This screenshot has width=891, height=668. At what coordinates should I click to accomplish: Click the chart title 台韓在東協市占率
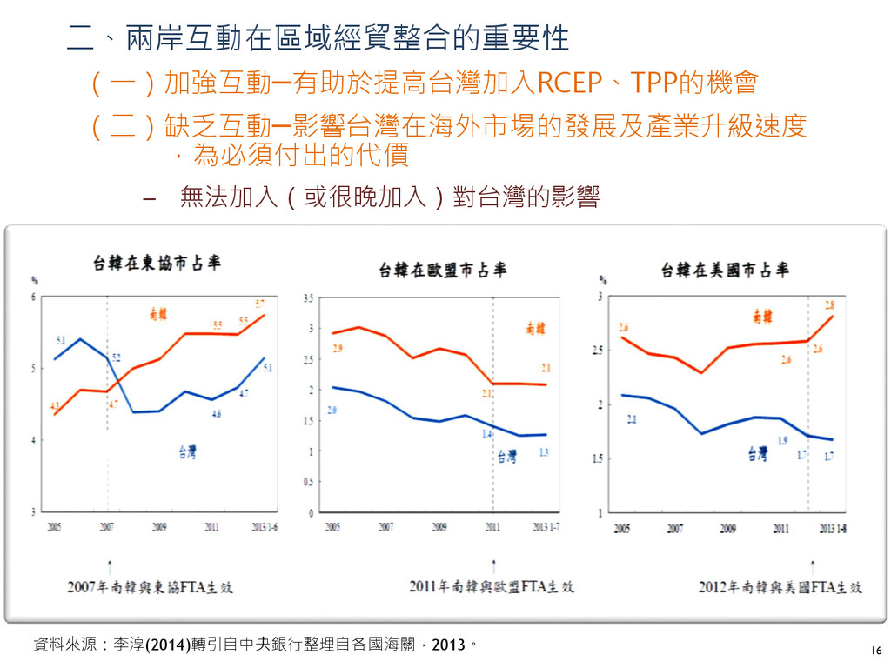[x=157, y=262]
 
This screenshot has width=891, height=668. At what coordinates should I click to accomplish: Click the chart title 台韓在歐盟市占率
[x=442, y=271]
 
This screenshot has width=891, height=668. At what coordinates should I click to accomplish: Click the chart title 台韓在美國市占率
[x=725, y=270]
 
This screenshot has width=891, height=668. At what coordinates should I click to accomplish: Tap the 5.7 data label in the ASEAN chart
[x=260, y=304]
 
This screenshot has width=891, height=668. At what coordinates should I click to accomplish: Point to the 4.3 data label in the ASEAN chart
[x=55, y=405]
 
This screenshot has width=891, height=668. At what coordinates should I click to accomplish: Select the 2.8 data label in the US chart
[x=829, y=304]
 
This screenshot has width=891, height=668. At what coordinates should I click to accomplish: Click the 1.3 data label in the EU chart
[x=544, y=451]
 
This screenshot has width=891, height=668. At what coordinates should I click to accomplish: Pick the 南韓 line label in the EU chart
[x=535, y=328]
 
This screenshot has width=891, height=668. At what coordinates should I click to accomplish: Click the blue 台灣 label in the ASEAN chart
[x=188, y=451]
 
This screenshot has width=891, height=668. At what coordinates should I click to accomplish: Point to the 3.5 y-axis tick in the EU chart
[x=309, y=297]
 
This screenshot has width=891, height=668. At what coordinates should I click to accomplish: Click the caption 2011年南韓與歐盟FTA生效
[x=492, y=587]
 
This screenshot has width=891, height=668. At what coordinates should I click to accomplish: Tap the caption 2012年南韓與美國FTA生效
[x=780, y=587]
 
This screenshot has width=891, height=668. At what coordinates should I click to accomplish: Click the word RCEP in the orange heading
[x=571, y=83]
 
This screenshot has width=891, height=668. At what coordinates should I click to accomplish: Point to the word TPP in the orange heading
[x=653, y=83]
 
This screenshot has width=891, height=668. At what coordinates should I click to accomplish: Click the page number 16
[x=875, y=651]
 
